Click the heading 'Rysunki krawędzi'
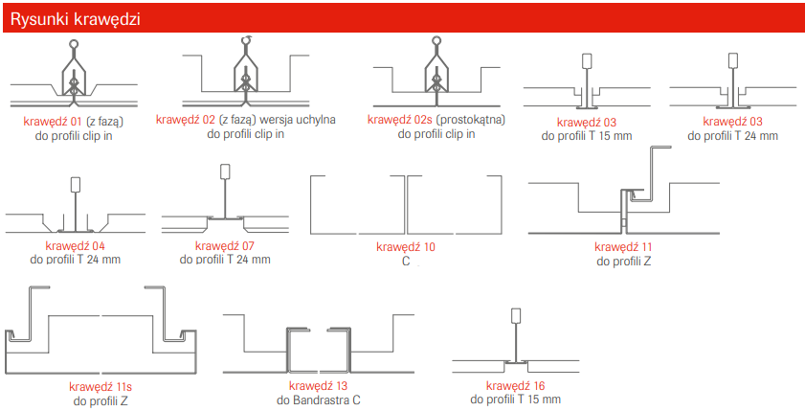(75, 19)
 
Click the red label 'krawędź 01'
(53, 122)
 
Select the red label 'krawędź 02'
(186, 120)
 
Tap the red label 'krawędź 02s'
(399, 120)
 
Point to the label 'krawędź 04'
(75, 246)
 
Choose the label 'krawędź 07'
(225, 246)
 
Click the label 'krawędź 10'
(406, 246)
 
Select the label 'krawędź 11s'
(101, 386)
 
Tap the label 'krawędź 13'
(319, 386)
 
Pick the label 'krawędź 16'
(515, 386)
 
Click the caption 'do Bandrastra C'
(319, 400)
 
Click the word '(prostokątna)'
(470, 120)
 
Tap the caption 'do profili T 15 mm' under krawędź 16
(515, 400)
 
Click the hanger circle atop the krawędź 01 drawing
(75, 44)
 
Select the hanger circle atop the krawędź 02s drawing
(436, 40)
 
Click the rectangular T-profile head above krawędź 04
(76, 185)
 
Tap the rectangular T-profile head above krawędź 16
(516, 315)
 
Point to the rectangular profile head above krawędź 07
(225, 171)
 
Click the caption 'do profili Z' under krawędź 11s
(101, 400)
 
